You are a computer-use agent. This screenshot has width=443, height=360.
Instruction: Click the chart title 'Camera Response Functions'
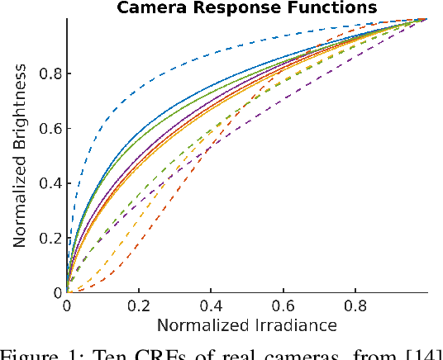click(246, 8)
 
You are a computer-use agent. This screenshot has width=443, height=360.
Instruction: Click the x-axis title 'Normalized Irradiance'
click(246, 324)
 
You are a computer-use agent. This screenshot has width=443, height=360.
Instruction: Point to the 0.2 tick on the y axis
click(48, 238)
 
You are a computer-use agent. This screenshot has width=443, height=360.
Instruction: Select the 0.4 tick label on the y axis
click(48, 183)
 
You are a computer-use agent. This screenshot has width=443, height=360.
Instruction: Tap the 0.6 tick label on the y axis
click(48, 128)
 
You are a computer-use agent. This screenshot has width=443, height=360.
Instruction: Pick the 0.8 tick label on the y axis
click(48, 73)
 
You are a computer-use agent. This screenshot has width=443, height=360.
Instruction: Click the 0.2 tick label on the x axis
click(138, 306)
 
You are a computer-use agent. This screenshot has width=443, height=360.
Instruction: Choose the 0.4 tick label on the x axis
click(210, 306)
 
